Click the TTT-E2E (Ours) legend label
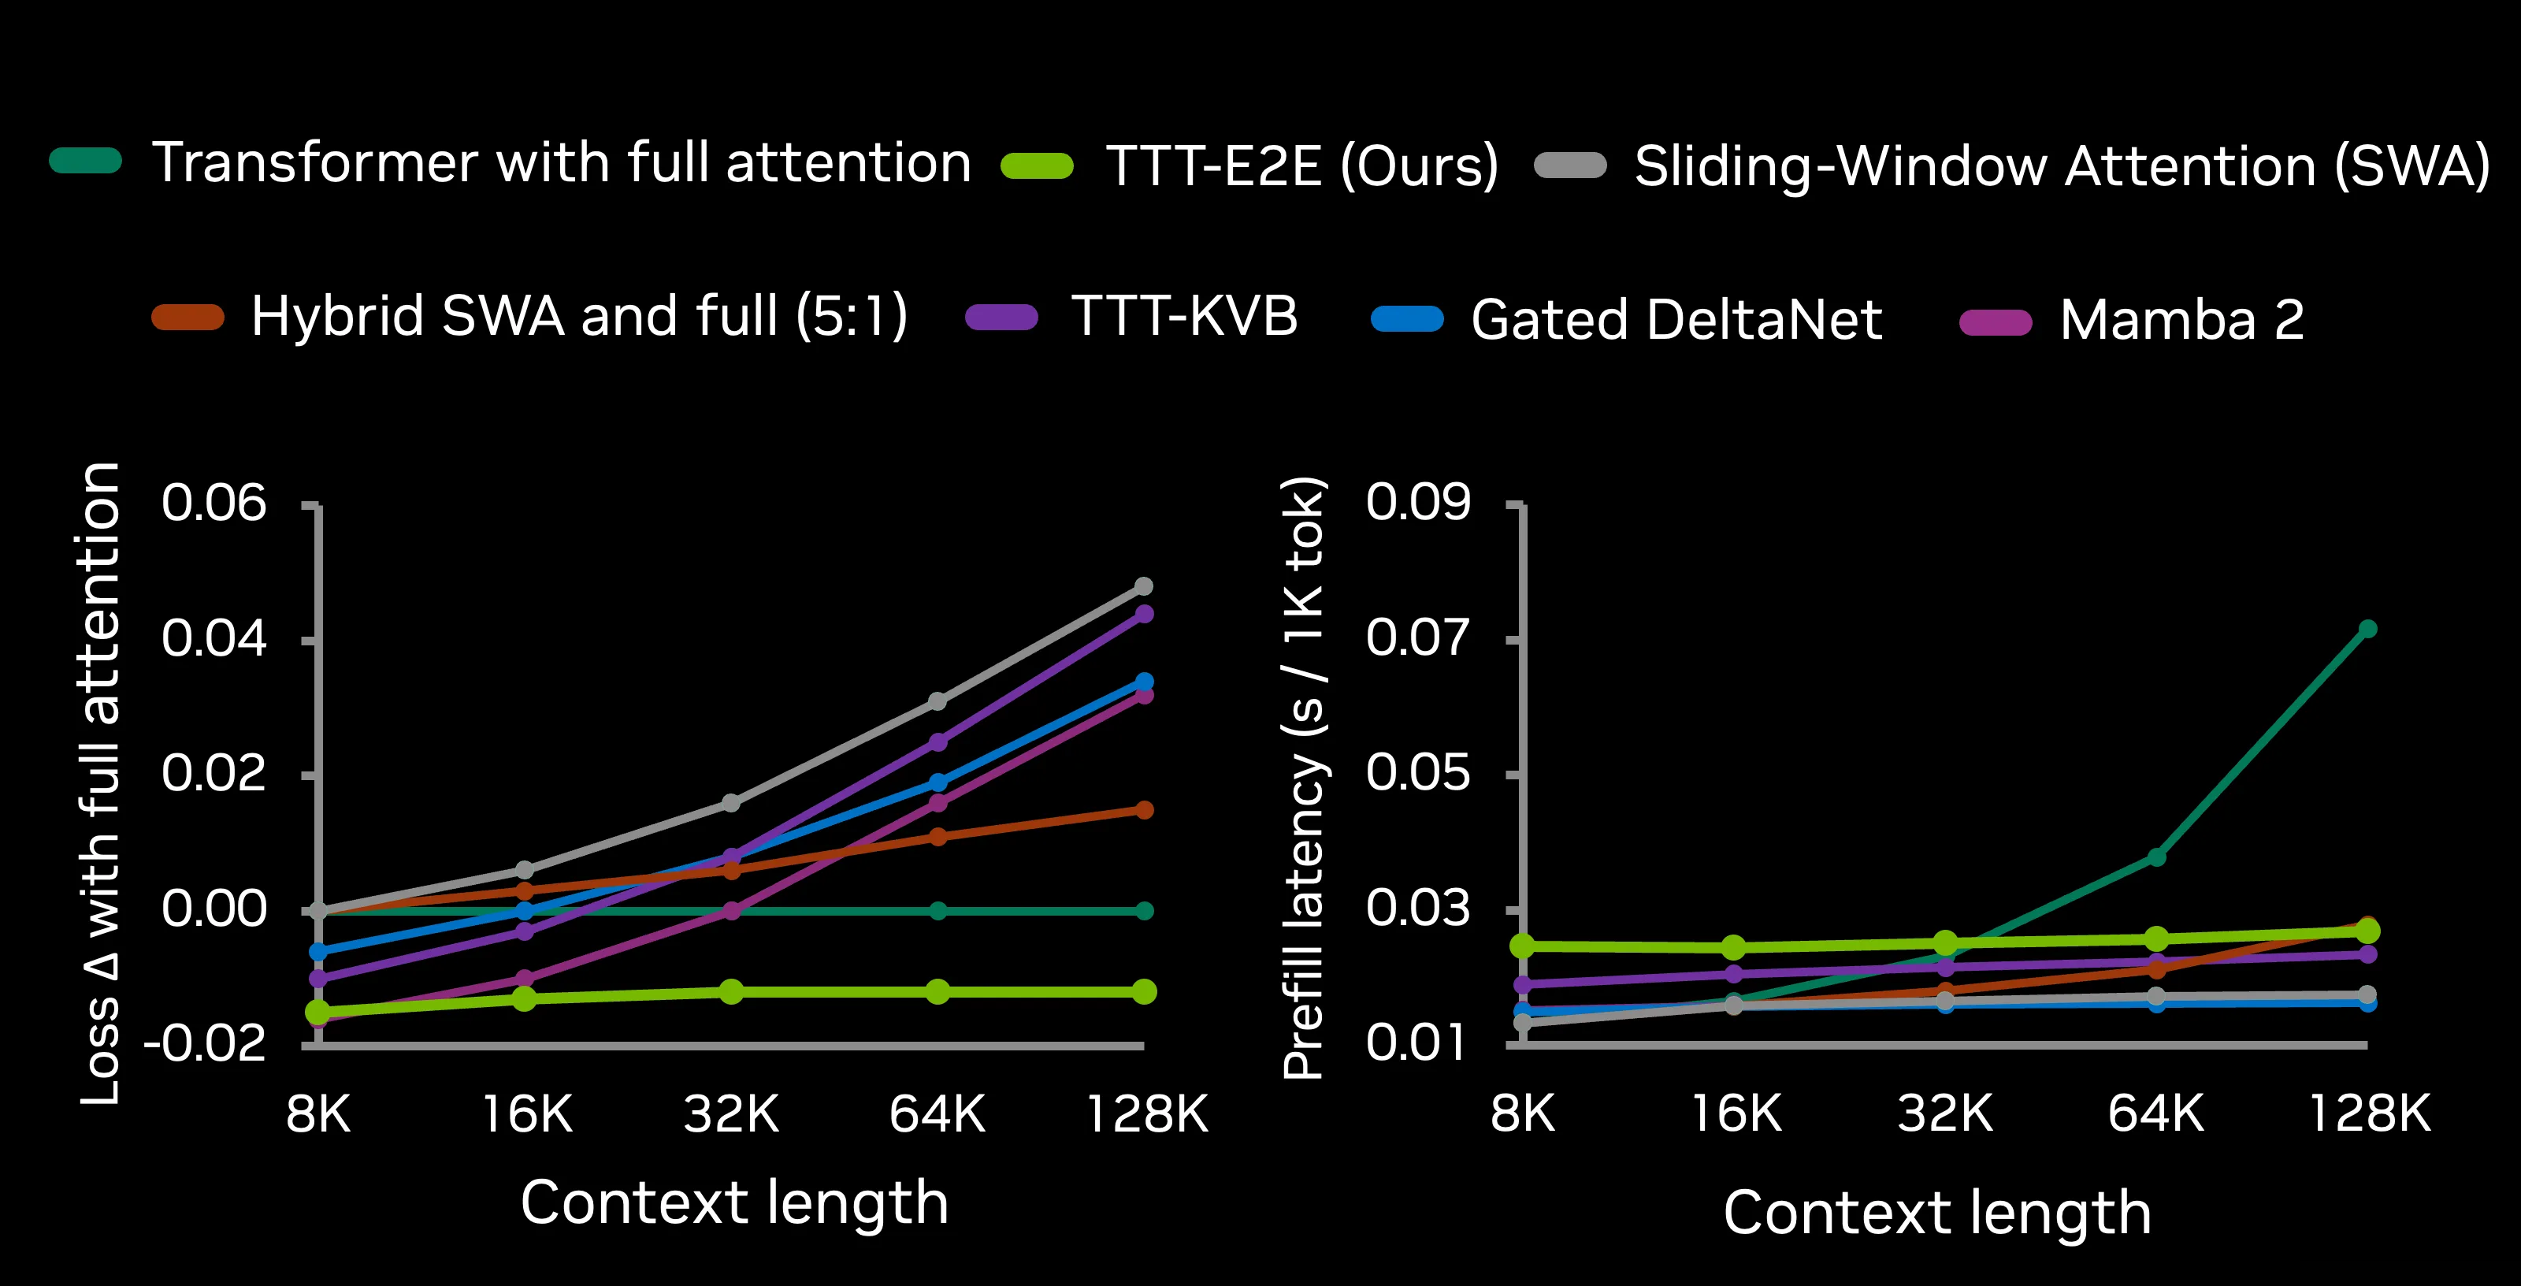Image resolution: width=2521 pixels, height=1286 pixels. tap(1301, 165)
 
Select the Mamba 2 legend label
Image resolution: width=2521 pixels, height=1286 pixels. tap(2181, 319)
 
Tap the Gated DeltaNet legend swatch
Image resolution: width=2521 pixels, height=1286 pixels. tap(1407, 319)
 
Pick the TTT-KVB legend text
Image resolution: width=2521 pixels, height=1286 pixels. tap(1184, 315)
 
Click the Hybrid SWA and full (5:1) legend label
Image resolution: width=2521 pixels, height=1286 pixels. tap(579, 315)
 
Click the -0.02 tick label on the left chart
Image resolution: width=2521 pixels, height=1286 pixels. tap(205, 1043)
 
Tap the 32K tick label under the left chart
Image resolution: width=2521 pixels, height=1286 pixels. tap(731, 1113)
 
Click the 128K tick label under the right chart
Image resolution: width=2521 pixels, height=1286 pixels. tap(2369, 1113)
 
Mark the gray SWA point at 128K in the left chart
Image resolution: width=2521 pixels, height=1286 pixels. tap(1144, 586)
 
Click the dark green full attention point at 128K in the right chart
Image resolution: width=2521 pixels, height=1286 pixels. tap(2367, 628)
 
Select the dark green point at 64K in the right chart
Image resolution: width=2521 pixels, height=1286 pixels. tap(2156, 857)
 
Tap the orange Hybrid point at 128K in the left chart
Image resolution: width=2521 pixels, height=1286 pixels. tap(1144, 809)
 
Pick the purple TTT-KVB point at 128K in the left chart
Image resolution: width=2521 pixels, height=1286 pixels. tap(1144, 614)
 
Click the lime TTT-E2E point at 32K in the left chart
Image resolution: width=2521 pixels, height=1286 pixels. tap(731, 991)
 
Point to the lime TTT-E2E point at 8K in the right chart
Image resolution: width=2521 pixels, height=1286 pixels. tap(1523, 946)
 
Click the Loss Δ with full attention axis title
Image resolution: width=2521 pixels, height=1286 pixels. tap(101, 783)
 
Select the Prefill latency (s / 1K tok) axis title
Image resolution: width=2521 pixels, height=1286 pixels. tap(1304, 778)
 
